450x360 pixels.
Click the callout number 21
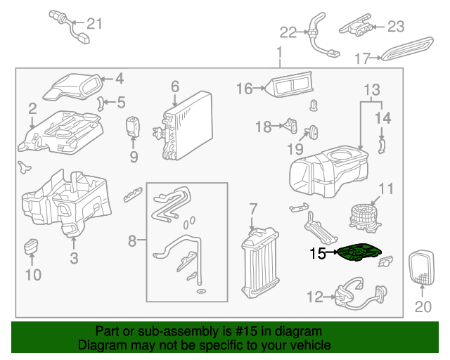[94, 24]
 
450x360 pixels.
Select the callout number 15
[318, 254]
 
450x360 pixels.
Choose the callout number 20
[422, 306]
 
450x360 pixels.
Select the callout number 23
[396, 27]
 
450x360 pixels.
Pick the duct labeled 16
[288, 87]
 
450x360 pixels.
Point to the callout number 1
[279, 52]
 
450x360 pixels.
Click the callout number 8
[131, 241]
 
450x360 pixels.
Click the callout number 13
[371, 89]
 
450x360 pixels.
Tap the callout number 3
[74, 258]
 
